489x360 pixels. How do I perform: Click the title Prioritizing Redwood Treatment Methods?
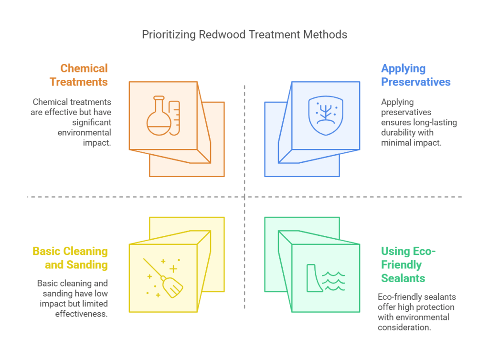(x=244, y=35)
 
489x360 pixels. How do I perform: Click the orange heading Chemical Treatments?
(x=79, y=75)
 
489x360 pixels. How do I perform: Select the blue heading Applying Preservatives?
(x=415, y=75)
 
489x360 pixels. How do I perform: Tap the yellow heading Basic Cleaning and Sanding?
(x=70, y=258)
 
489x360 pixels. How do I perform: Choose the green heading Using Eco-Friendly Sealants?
(x=408, y=265)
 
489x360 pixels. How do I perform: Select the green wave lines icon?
(x=333, y=281)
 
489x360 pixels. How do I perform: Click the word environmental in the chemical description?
(x=85, y=132)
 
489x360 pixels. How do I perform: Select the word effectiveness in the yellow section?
(x=82, y=313)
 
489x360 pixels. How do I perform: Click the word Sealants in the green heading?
(x=403, y=278)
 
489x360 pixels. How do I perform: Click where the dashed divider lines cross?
(x=244, y=196)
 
